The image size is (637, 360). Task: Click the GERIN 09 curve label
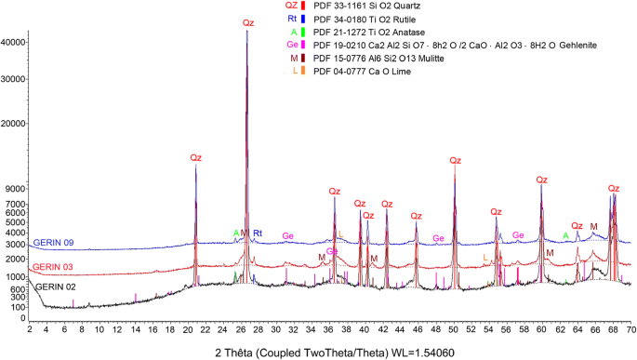point(54,243)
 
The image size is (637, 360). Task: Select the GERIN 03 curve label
point(54,267)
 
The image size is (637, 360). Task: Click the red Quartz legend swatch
point(305,6)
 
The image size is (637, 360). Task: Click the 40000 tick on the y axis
point(15,42)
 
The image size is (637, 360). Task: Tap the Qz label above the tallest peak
point(247,22)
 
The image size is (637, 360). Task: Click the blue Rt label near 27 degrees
point(258,233)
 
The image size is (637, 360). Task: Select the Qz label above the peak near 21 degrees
point(195,158)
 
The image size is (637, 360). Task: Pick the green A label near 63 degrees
point(565,236)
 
